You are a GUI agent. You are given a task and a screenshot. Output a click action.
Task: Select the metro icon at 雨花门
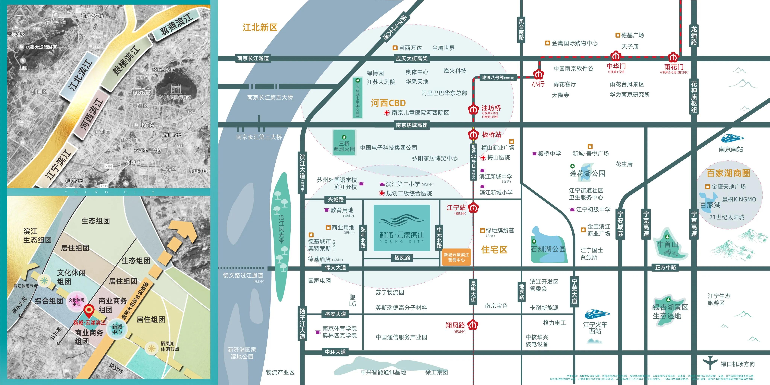673,57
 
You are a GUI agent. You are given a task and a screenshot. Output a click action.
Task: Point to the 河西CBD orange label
388,103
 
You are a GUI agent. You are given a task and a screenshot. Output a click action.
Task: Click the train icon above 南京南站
732,138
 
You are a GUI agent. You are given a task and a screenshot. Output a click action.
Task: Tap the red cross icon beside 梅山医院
483,158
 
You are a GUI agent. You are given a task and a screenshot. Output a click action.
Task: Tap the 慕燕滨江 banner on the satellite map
176,25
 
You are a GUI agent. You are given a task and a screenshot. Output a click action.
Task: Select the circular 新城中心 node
117,329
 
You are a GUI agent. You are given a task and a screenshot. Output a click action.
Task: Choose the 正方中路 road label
665,267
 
